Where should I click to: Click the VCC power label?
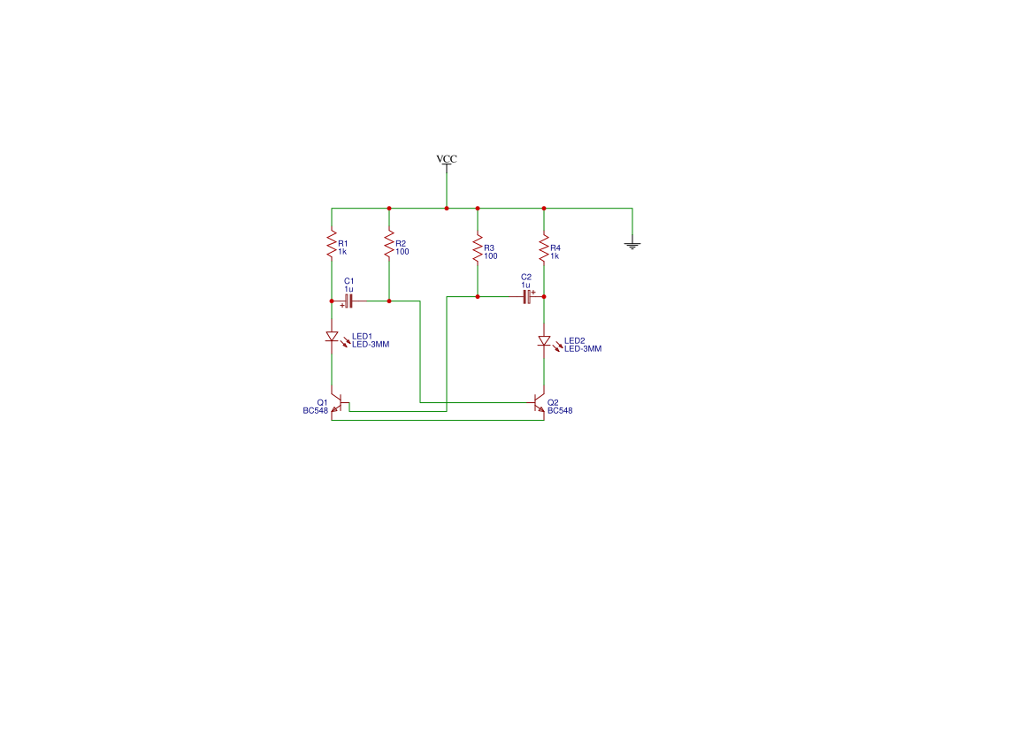click(447, 159)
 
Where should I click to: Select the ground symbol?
click(632, 245)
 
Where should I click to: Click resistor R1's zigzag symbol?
click(332, 244)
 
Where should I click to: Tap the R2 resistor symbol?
click(389, 244)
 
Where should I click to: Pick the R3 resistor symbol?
click(478, 248)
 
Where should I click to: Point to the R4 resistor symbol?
click(544, 248)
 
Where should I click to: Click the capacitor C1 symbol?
click(348, 301)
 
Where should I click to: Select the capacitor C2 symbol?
click(526, 297)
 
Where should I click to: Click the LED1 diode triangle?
click(333, 337)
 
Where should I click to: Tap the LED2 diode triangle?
click(544, 341)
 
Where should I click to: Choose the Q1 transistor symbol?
click(339, 403)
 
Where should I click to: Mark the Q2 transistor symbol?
click(539, 403)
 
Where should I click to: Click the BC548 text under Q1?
click(315, 411)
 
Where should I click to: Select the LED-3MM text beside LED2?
click(583, 348)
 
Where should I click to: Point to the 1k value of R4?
click(555, 255)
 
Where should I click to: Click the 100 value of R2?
click(402, 251)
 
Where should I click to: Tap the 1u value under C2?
click(525, 285)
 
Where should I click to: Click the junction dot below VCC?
click(447, 209)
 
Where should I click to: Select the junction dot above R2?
click(389, 209)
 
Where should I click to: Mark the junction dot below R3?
click(478, 297)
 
